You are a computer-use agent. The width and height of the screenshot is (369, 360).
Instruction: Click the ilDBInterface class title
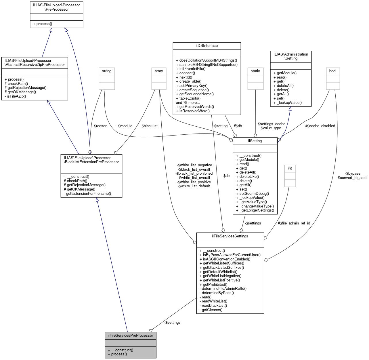coord(207,46)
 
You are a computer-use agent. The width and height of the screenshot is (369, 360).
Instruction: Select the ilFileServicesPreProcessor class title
coord(130,336)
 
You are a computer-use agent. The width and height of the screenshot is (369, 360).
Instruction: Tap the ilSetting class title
coord(255,141)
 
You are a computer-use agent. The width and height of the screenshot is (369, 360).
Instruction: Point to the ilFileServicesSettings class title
coord(230,236)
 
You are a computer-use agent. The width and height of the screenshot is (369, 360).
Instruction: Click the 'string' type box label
coord(106,71)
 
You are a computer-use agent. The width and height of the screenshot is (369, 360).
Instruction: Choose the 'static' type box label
coord(255,71)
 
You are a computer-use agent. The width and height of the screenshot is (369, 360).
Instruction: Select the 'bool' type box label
coord(332,71)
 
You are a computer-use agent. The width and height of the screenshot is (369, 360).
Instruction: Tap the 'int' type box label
coord(290,168)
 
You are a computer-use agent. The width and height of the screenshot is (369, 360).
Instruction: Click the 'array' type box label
coord(159,71)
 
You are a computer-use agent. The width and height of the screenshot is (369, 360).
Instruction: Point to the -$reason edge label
coord(100,126)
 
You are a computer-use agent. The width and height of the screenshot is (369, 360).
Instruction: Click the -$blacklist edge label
coord(149,126)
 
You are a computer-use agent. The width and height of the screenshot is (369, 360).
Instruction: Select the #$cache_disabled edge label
coord(320,126)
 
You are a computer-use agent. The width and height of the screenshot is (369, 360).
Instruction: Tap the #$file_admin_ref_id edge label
coord(294,223)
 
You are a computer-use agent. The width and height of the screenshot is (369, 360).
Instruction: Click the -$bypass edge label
coord(353,174)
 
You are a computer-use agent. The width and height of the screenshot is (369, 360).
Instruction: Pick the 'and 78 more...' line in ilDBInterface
coord(188,102)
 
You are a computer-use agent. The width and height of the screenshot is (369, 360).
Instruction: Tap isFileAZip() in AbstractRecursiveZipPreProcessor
coord(15,96)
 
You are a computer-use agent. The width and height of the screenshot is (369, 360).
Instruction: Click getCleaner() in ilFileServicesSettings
coord(212,310)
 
